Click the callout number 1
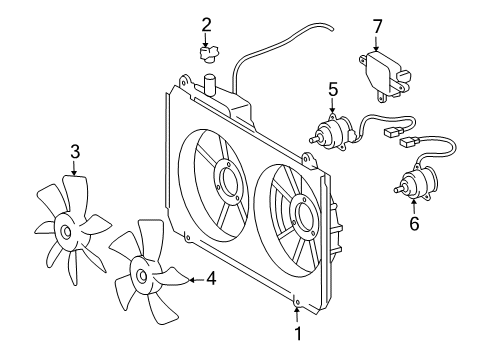coord(297,332)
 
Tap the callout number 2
coord(206,24)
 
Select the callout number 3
coord(74,152)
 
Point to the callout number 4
coord(210,280)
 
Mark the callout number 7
coord(377,24)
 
